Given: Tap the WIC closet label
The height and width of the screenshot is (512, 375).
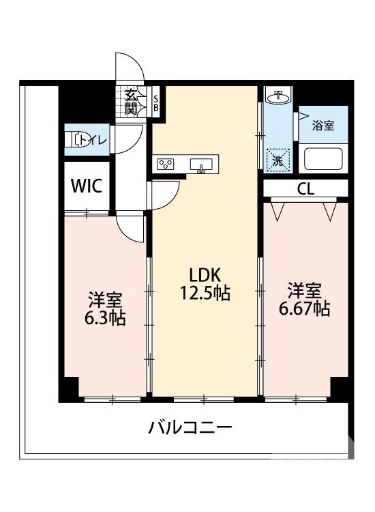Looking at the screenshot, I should point(87,186).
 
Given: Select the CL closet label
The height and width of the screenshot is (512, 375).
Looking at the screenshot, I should point(305,189).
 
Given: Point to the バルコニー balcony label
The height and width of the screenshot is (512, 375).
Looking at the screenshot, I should point(191,429).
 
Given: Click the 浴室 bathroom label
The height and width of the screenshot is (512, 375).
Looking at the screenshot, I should point(322,126).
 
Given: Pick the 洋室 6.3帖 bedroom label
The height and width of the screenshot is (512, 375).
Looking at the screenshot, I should point(104,309).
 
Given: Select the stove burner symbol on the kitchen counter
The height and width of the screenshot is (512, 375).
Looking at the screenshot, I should point(166,164).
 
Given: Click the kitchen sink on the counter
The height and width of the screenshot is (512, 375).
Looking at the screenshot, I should point(202,164).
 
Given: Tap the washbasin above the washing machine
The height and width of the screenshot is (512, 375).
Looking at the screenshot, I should point(277,97).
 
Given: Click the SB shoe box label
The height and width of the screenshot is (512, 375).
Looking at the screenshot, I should point(155,102).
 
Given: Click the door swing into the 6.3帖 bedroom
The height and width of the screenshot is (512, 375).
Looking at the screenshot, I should point(130,226).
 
